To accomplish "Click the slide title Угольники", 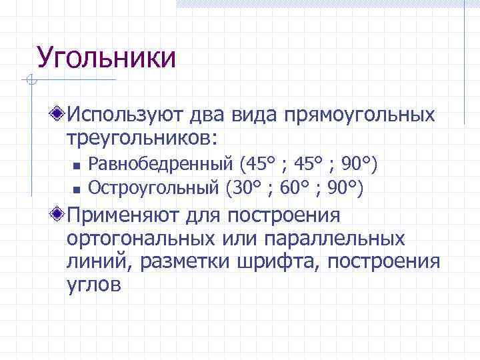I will click(107, 58).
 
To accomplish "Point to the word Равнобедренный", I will click(161, 163).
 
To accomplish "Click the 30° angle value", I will click(245, 188).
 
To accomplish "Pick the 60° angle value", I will click(296, 188).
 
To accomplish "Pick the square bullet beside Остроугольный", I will click(77, 190).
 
